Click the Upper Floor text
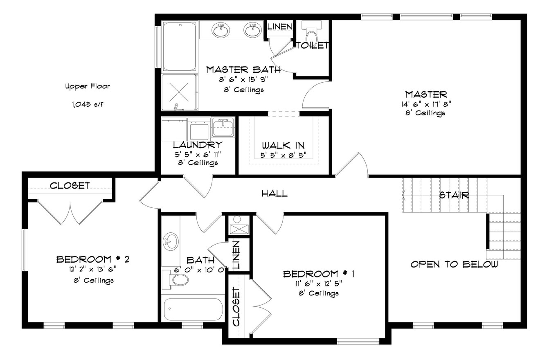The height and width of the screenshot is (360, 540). pos(88,86)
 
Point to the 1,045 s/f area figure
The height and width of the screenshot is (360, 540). pos(88,104)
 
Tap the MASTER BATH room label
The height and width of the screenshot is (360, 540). pos(243,70)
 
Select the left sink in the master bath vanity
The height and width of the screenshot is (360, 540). pos(220,30)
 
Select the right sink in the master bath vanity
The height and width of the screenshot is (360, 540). pos(253,30)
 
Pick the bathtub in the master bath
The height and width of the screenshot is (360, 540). pos(180,46)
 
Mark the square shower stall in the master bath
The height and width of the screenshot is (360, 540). pos(179,92)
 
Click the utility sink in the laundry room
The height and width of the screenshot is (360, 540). pos(223,127)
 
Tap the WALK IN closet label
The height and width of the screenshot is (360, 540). pos(283,146)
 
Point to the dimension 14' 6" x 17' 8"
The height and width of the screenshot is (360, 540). pos(426,104)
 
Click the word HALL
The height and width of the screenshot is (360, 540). pos(274,193)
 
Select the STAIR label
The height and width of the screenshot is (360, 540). pos(454,195)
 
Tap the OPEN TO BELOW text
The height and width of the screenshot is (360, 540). pos(454,264)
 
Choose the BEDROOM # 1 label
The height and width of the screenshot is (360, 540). pos(319,274)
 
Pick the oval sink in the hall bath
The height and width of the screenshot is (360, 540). pos(171,241)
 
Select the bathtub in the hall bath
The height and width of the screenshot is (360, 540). pos(193,309)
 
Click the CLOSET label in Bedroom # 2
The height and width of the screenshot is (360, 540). pos(70,186)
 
